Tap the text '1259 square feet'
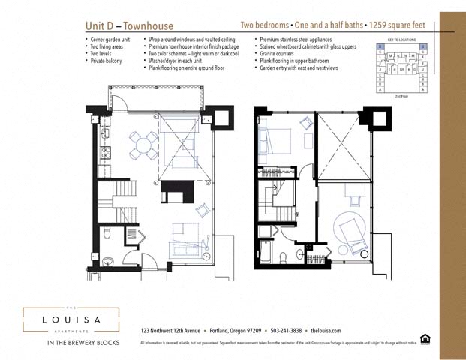coord(398,25)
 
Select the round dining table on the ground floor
coord(143,145)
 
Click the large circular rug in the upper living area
coord(351,232)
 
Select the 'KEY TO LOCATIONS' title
coord(402,39)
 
